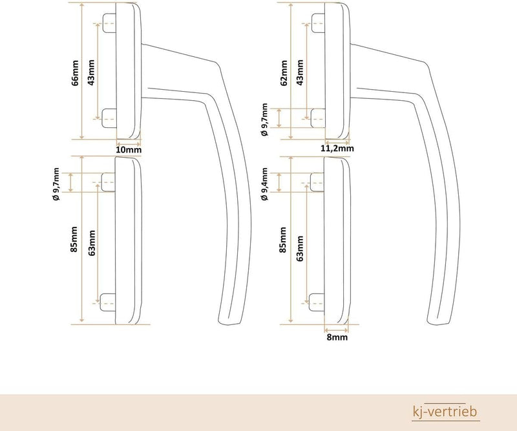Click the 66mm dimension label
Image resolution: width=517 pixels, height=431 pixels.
(x=76, y=73)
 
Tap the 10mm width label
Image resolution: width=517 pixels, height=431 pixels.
(x=129, y=150)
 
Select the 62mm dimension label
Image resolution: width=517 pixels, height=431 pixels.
(x=284, y=73)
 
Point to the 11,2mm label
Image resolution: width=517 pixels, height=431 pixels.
(x=337, y=149)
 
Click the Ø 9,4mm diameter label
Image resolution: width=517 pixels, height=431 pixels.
(x=264, y=184)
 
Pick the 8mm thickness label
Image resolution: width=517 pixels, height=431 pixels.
(x=337, y=337)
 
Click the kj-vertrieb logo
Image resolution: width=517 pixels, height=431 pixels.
(x=445, y=412)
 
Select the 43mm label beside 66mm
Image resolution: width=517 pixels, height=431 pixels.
(x=91, y=72)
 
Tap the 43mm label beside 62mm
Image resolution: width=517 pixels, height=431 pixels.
(x=300, y=72)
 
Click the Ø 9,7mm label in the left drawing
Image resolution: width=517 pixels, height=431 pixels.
(x=56, y=184)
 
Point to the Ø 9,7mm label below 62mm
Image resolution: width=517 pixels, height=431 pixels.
(x=264, y=120)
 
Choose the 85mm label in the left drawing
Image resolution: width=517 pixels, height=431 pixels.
(x=74, y=239)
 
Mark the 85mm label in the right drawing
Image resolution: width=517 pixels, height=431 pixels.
(x=283, y=240)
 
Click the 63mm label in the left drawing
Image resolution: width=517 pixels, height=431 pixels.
(x=92, y=243)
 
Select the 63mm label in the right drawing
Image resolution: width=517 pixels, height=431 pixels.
(x=300, y=248)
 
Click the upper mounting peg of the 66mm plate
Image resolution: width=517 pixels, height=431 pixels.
(x=109, y=23)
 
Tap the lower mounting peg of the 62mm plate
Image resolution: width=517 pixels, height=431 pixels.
(x=318, y=118)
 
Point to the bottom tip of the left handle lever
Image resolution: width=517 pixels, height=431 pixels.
(x=228, y=323)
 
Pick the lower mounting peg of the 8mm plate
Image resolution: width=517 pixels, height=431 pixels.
(x=317, y=302)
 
